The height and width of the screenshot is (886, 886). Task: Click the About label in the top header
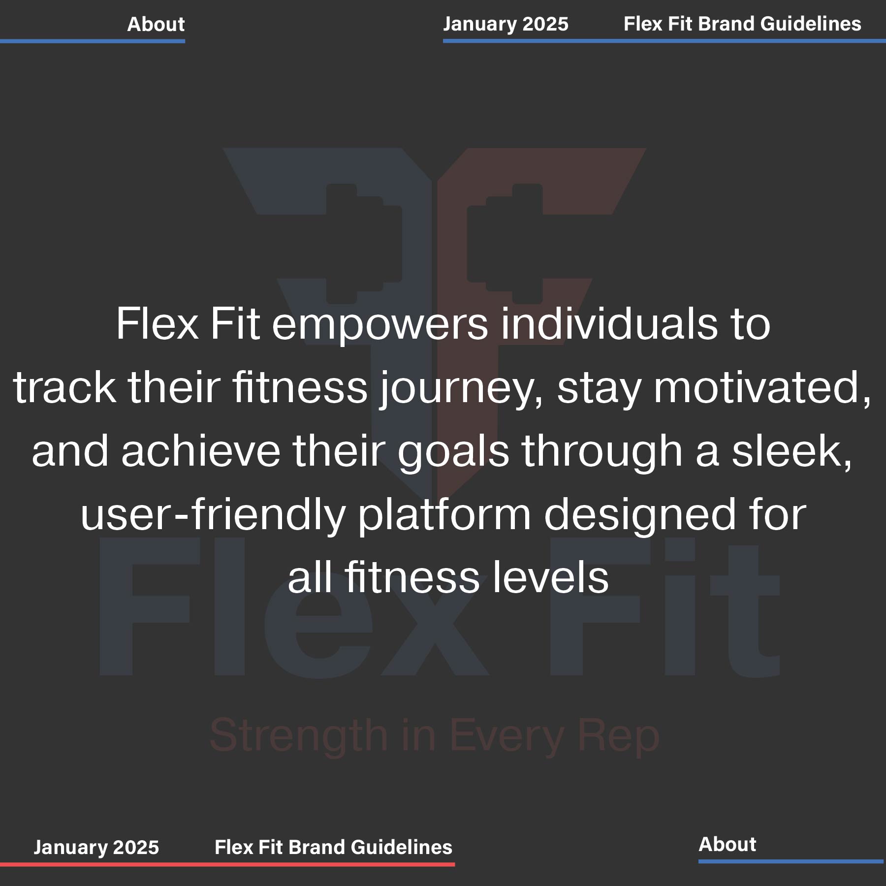click(156, 24)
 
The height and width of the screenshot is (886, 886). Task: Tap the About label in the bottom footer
click(727, 844)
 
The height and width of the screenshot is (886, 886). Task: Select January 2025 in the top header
click(506, 24)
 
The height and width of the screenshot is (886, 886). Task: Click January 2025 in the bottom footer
click(96, 847)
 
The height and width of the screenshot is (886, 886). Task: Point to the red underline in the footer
click(227, 864)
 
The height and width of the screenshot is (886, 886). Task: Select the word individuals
click(609, 323)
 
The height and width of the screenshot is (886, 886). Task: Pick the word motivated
click(762, 388)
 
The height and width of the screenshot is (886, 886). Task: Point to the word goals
click(453, 452)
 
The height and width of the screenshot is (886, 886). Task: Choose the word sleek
click(791, 451)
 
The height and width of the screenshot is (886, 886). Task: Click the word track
click(64, 388)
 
